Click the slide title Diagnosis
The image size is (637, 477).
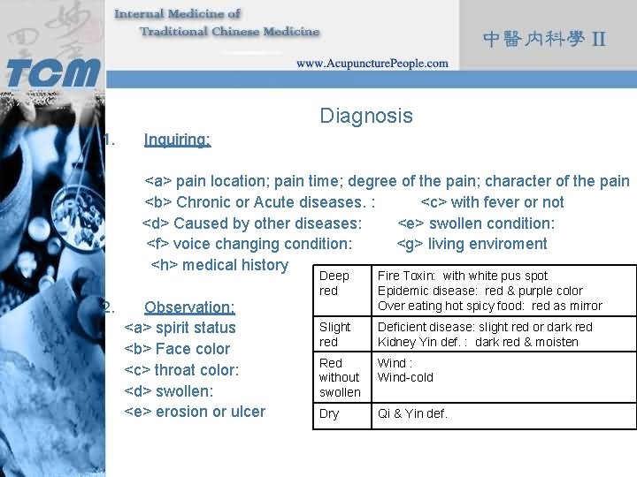[366, 116]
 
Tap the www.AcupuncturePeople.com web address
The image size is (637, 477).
[372, 63]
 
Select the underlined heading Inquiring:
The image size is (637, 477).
[177, 140]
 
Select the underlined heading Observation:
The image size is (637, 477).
[189, 307]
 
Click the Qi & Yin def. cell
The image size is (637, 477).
[412, 413]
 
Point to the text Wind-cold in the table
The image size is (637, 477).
[406, 377]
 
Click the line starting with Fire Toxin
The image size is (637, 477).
[463, 276]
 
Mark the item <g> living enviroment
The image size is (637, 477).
[472, 244]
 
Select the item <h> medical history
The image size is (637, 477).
[219, 265]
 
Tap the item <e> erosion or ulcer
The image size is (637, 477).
[195, 412]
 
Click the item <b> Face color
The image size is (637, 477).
[177, 349]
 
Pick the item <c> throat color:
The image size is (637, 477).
[181, 370]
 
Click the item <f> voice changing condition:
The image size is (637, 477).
[249, 244]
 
